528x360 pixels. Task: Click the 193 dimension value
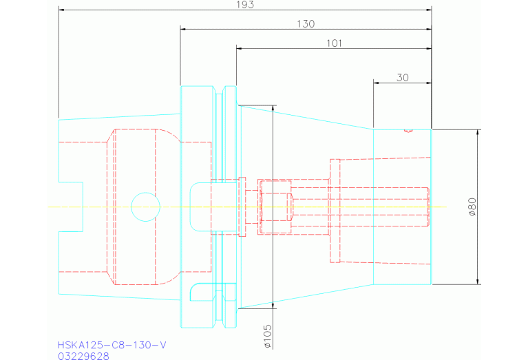[x=245, y=5]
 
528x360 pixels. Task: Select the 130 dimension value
[x=306, y=24]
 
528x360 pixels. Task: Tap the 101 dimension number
[x=334, y=43]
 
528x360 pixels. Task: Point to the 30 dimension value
[x=403, y=78]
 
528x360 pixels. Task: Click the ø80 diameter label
[x=472, y=207]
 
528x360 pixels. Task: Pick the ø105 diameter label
[x=267, y=336]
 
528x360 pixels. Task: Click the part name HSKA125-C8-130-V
[x=112, y=345]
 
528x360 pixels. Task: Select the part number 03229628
[x=83, y=356]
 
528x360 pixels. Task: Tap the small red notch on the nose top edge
[x=408, y=131]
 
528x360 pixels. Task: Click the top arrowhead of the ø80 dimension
[x=478, y=132]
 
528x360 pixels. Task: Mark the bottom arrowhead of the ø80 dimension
[x=478, y=282]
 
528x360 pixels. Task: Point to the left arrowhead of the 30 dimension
[x=377, y=83]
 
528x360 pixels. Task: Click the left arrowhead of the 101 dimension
[x=240, y=48]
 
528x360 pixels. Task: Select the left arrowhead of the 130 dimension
[x=184, y=30]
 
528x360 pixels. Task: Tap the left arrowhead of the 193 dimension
[x=62, y=10]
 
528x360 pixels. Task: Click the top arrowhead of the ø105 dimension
[x=273, y=109]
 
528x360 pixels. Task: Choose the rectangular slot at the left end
[x=71, y=207]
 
